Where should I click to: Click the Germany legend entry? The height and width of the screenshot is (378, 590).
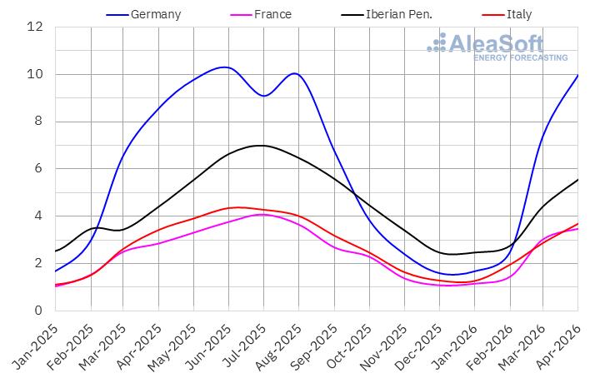[x=143, y=15]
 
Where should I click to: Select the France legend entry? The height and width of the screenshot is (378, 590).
[x=261, y=15]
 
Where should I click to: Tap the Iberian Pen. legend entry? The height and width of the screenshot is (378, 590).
[x=387, y=15]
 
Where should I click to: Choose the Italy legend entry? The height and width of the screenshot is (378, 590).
[x=507, y=15]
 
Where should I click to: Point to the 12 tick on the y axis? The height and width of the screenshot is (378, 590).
[x=35, y=27]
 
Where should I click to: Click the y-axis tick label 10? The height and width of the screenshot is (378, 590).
[x=35, y=74]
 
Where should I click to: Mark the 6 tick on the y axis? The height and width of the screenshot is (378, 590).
[x=38, y=168]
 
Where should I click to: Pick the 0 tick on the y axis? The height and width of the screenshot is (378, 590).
[x=38, y=311]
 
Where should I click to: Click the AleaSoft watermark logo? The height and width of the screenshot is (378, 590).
[x=497, y=47]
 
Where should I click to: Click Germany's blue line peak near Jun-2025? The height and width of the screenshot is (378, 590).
[x=225, y=67]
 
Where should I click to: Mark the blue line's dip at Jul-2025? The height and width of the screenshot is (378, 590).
[x=264, y=96]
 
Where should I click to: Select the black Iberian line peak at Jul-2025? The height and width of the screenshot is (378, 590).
[x=262, y=146]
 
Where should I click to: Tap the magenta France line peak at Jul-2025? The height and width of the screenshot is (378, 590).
[x=262, y=215]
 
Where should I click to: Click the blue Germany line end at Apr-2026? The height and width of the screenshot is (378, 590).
[x=577, y=75]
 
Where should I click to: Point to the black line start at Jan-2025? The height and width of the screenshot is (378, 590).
[x=56, y=251]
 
